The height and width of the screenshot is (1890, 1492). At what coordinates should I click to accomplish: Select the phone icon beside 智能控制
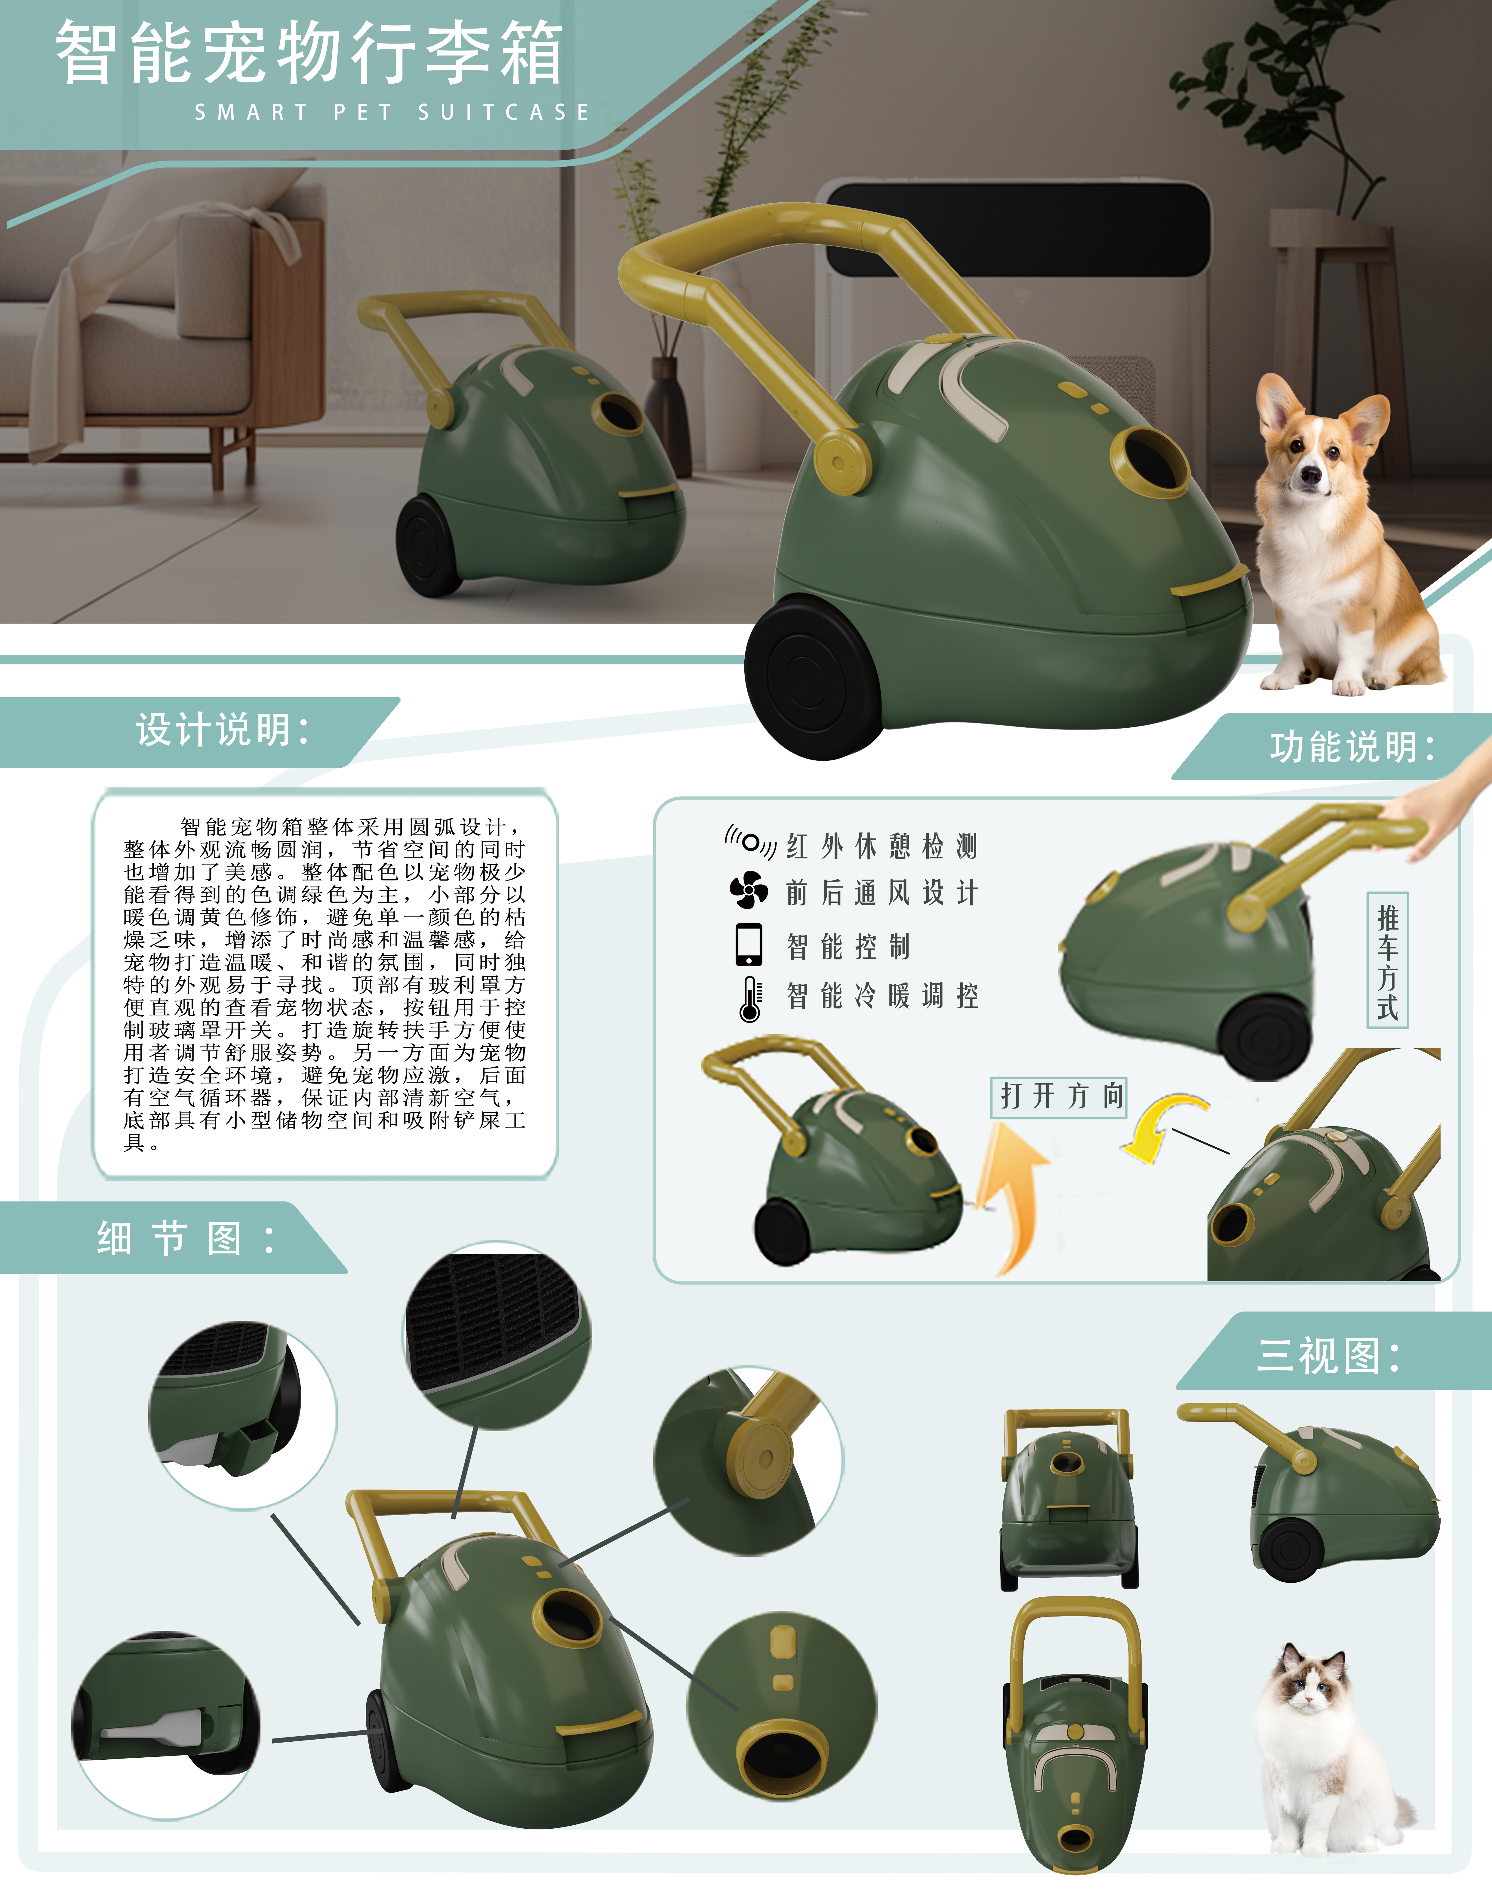[749, 945]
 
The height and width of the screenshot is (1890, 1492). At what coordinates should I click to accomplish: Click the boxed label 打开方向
[1059, 1096]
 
